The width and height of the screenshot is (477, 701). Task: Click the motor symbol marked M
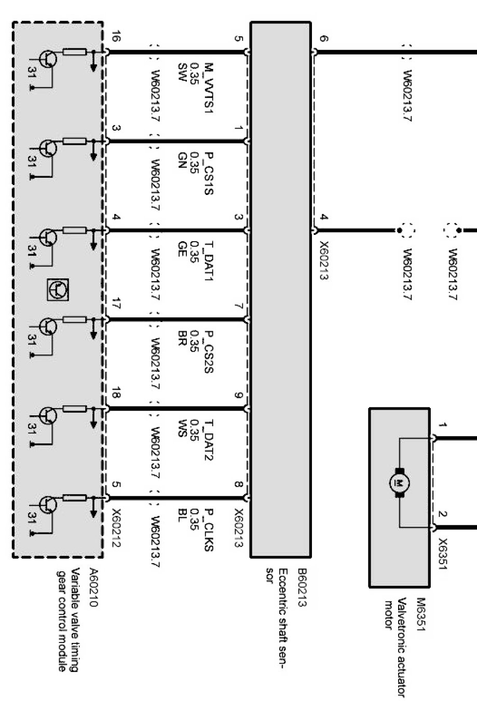(x=400, y=483)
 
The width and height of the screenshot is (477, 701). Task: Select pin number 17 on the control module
(x=116, y=305)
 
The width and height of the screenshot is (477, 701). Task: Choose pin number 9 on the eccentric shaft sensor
(x=238, y=396)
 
